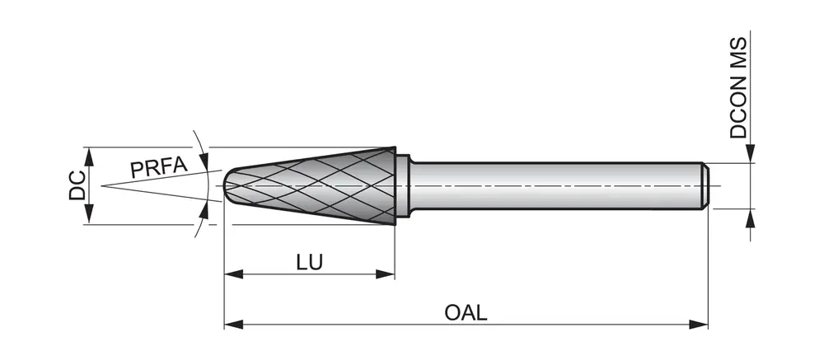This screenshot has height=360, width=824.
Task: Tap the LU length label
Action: pyautogui.click(x=309, y=262)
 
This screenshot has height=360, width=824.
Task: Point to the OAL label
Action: pyautogui.click(x=466, y=313)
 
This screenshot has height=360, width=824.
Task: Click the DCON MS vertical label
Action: pyautogui.click(x=739, y=86)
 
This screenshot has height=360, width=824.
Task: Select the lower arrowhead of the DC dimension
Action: pyautogui.click(x=89, y=217)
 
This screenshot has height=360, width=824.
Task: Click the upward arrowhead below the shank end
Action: pyautogui.click(x=751, y=216)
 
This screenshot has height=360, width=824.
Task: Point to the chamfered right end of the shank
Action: pyautogui.click(x=705, y=185)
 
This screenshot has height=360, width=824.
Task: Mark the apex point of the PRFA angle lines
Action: pyautogui.click(x=102, y=185)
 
